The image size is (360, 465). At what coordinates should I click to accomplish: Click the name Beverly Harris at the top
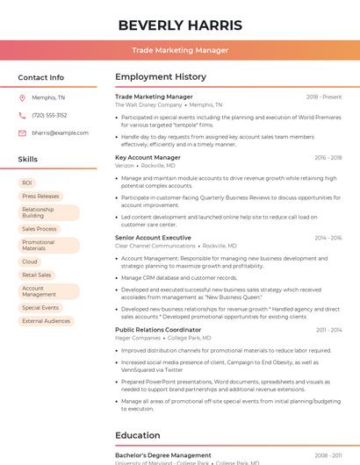pos(179,24)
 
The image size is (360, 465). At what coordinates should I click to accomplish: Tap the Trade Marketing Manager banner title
pos(180,50)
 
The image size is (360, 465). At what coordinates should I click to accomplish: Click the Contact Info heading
pos(40,77)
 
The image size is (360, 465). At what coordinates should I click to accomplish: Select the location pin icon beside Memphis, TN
pos(22,97)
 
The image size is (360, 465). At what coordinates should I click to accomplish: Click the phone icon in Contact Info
pos(22,115)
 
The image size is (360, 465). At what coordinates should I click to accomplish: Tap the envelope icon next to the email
pos(22,132)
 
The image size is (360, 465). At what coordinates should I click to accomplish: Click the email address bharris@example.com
pos(61,132)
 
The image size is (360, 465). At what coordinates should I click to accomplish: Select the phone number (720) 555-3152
pos(49,115)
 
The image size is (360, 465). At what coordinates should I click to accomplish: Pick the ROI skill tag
pos(27,182)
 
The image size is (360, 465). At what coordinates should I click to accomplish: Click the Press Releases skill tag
pos(40,197)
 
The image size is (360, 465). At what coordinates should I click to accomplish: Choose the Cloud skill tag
pos(30,261)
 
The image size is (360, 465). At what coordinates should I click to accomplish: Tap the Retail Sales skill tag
pos(37,275)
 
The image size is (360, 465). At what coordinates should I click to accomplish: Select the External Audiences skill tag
pos(46,321)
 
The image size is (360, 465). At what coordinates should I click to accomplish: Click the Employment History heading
pos(161,77)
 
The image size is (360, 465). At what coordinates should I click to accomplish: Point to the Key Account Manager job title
pos(148,158)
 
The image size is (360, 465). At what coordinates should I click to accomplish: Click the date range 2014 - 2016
pos(328,238)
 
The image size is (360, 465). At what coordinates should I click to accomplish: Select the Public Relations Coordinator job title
pos(158,330)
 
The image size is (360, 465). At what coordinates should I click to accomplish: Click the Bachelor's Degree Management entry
pos(163,455)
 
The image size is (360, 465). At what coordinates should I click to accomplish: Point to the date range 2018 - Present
pos(324,97)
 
